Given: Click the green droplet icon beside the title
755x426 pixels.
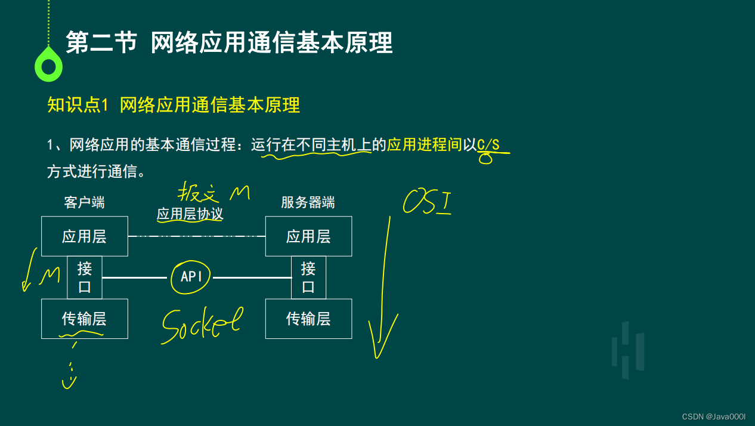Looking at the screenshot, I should (x=48, y=64).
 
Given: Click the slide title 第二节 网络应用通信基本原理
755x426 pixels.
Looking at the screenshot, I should (x=229, y=43).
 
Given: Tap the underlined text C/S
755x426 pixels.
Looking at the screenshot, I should (x=488, y=145).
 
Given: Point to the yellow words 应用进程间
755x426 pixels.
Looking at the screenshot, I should (x=425, y=145).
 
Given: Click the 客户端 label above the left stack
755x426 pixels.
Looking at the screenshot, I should (x=84, y=203).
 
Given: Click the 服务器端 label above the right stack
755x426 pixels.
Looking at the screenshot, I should (x=308, y=203).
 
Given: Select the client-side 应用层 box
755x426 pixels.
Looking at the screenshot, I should (x=84, y=236).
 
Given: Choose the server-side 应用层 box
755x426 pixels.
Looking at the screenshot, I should (x=308, y=236).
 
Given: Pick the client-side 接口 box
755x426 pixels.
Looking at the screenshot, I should (x=85, y=277).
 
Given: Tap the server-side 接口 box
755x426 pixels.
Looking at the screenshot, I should (x=308, y=277).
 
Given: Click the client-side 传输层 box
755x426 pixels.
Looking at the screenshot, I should (x=84, y=319).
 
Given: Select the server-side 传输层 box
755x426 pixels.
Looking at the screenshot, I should (x=308, y=319).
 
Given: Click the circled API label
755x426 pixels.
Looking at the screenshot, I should (x=191, y=277).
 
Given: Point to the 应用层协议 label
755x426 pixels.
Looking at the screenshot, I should (x=190, y=214).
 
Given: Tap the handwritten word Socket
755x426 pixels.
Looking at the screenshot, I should (x=202, y=325).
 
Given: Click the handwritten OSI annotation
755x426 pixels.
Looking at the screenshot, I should (x=427, y=201).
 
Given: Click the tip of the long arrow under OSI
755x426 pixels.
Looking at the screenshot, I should (x=377, y=356).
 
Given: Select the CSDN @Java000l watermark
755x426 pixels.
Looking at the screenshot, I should (x=714, y=416).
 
